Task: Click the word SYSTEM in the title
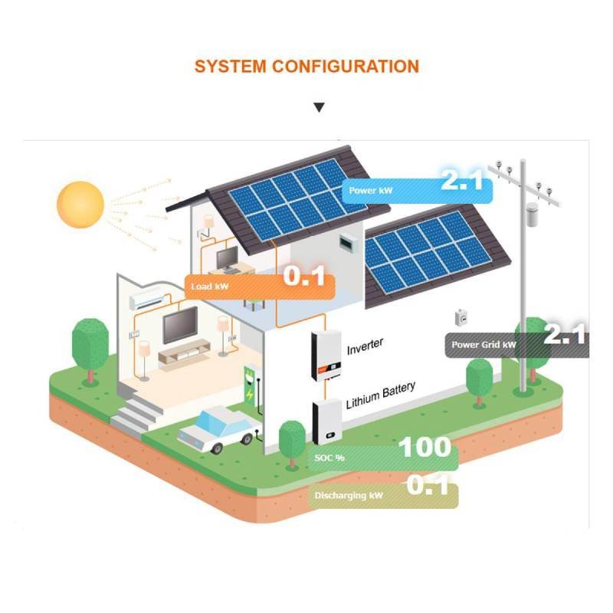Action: tap(231, 67)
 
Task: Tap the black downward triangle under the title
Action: tap(319, 107)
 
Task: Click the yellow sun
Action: tap(80, 205)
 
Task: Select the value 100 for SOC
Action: tap(425, 447)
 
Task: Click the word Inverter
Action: tap(366, 346)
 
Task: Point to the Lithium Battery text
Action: tap(380, 395)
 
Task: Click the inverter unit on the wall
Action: tap(326, 356)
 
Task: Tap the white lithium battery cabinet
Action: tap(327, 423)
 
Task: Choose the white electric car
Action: tap(219, 429)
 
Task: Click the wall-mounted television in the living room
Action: tap(180, 325)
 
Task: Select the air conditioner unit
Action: tap(146, 298)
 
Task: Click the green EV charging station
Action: tap(250, 385)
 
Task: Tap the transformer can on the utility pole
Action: tap(531, 215)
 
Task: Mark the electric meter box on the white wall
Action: tap(461, 317)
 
